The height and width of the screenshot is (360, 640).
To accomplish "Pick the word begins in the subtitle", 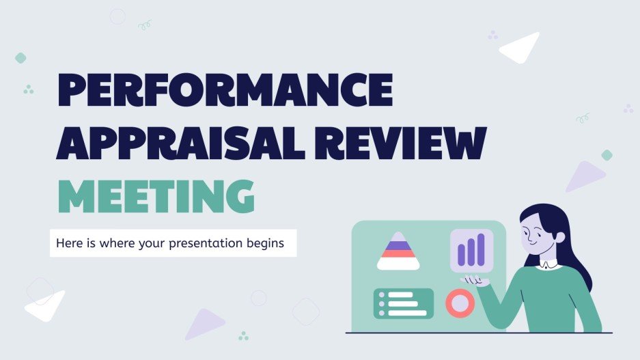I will pyautogui.click(x=267, y=243).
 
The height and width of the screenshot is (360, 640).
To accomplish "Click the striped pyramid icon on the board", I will pyautogui.click(x=398, y=251).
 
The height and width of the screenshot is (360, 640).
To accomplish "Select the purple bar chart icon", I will pyautogui.click(x=471, y=250).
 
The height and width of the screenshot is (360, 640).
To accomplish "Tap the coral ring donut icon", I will pyautogui.click(x=459, y=303).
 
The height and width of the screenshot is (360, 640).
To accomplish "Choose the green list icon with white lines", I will pyautogui.click(x=403, y=303).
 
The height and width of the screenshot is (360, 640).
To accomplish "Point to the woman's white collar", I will pyautogui.click(x=549, y=262).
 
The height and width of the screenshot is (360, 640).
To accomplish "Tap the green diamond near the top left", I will pyautogui.click(x=20, y=58).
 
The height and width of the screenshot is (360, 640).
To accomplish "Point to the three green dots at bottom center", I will pyautogui.click(x=243, y=335).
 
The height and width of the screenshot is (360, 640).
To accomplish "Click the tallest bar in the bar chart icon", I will pyautogui.click(x=480, y=249).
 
